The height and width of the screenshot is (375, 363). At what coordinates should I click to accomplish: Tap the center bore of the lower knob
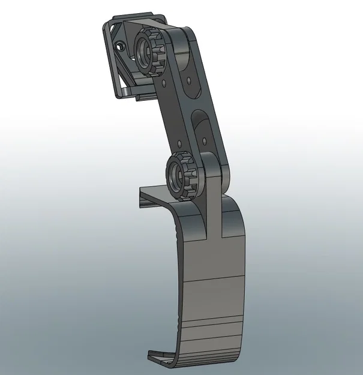[x=178, y=176]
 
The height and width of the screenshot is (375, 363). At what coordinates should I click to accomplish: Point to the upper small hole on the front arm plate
[x=163, y=77]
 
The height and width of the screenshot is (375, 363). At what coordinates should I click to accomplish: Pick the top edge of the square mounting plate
[x=132, y=19]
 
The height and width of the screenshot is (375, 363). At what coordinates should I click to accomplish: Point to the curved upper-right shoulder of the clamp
[x=237, y=210]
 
